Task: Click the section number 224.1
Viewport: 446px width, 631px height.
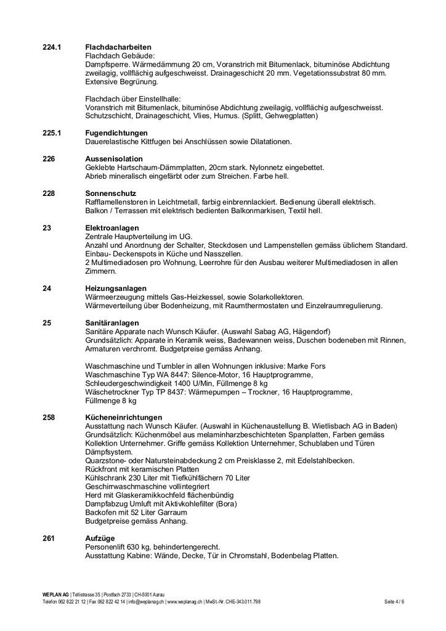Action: (x=52, y=47)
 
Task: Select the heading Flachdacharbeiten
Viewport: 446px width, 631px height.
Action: (x=118, y=47)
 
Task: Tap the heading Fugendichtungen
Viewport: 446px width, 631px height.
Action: (x=116, y=133)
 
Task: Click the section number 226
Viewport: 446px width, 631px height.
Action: (x=49, y=159)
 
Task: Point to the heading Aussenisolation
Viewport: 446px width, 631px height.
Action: (x=114, y=159)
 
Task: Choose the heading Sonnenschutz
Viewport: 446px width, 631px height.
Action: (x=111, y=193)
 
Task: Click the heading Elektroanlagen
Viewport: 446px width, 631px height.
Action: (x=112, y=228)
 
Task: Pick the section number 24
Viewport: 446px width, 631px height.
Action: (x=47, y=288)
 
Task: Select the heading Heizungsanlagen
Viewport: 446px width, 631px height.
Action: (x=116, y=288)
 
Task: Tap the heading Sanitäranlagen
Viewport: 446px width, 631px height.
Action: (x=112, y=323)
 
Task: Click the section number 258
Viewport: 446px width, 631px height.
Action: (x=49, y=417)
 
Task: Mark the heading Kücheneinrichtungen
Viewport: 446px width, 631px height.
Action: (x=124, y=417)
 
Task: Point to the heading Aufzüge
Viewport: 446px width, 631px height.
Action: (x=100, y=538)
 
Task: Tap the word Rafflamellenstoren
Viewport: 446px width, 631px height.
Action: (x=120, y=202)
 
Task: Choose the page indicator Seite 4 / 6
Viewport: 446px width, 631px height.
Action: (x=394, y=601)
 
